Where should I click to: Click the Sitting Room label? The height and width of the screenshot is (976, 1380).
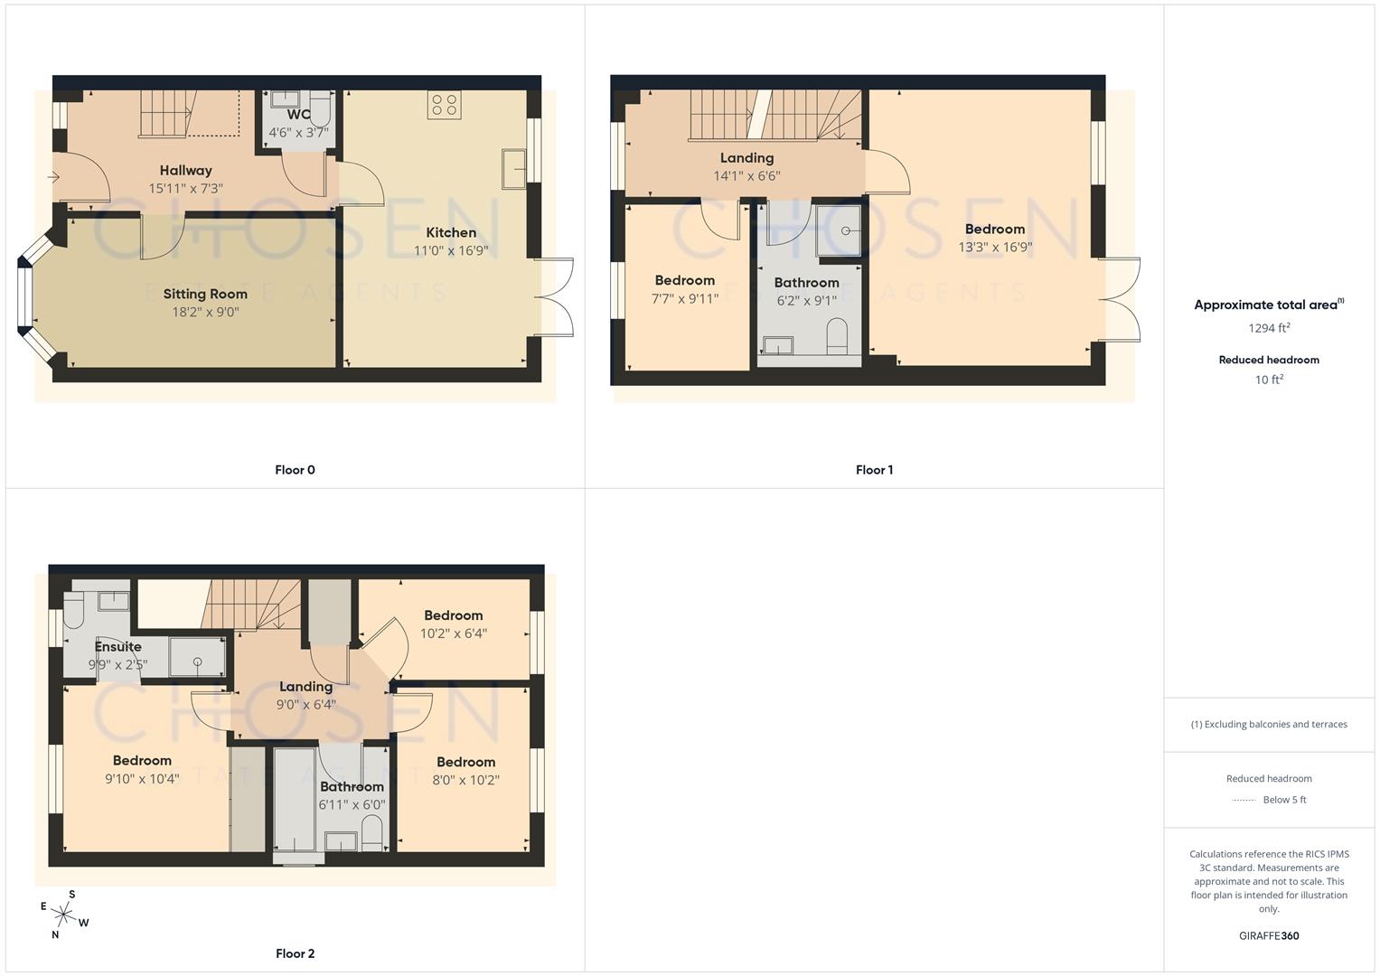tap(205, 294)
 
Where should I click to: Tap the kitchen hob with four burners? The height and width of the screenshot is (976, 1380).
tap(444, 105)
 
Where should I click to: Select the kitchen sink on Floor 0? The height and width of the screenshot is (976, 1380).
tap(514, 169)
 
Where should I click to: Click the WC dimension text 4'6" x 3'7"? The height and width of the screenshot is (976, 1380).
tap(298, 132)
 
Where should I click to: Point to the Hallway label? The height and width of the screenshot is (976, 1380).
tap(185, 170)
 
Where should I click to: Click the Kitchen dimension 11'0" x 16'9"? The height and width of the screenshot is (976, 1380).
tap(451, 250)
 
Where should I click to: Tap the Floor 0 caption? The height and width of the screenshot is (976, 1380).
tap(295, 470)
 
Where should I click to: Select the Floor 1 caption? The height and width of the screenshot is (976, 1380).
tap(874, 470)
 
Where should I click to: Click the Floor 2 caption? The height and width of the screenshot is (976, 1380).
tap(295, 953)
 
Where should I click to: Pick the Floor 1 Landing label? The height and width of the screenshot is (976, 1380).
tap(746, 158)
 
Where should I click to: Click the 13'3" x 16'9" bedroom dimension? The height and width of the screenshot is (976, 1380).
tap(995, 247)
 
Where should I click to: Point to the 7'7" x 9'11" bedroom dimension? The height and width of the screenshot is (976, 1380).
tap(684, 298)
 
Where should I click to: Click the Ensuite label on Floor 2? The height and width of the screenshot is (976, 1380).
tap(117, 646)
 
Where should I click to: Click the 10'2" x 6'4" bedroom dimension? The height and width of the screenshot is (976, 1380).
tap(454, 633)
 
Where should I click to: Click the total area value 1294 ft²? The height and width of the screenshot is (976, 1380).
tap(1269, 328)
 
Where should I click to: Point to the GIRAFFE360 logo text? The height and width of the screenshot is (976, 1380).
tap(1269, 936)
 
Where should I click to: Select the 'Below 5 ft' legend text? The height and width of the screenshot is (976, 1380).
tap(1284, 800)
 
